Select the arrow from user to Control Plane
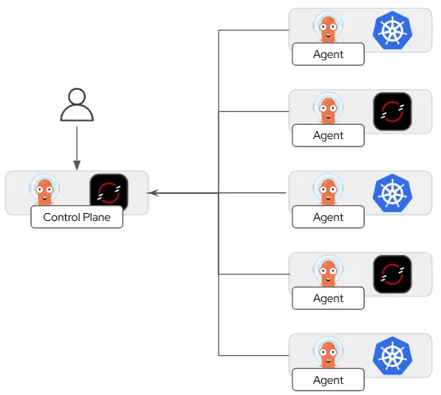(76, 147)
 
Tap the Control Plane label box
(77, 217)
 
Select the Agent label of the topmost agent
(328, 54)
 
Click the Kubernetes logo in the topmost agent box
(392, 29)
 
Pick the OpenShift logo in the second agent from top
(392, 111)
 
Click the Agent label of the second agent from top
(328, 135)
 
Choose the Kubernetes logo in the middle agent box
(392, 192)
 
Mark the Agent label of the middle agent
(328, 217)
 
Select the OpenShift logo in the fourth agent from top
(392, 274)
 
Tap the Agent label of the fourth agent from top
(328, 298)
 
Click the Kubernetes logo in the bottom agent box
(392, 355)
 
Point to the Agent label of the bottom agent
(328, 380)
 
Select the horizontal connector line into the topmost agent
(254, 30)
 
